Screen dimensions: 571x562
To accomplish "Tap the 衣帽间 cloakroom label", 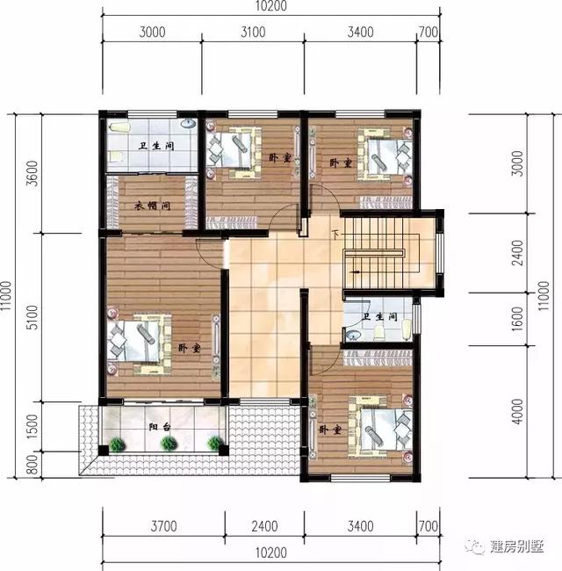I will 152,207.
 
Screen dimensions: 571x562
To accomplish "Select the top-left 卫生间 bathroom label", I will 154,145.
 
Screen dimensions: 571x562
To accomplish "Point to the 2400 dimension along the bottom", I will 263,527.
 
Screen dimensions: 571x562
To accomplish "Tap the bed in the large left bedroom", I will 139,342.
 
